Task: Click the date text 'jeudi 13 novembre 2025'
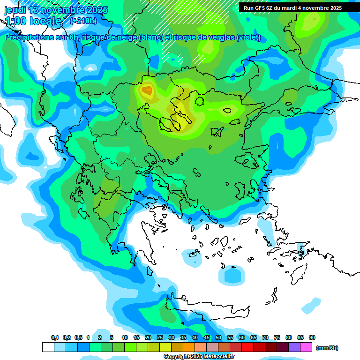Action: (56, 10)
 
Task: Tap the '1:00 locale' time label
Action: (33, 21)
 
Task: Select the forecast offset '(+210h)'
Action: (83, 21)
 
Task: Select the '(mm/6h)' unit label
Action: (327, 348)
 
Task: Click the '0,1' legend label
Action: (55, 338)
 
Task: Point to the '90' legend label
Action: (312, 338)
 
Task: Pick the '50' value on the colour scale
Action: (218, 338)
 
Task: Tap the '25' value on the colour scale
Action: (160, 338)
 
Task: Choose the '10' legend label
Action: (125, 338)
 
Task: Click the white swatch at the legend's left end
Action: (48, 347)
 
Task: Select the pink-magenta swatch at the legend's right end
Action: (306, 347)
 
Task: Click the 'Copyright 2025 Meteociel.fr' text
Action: (199, 357)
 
